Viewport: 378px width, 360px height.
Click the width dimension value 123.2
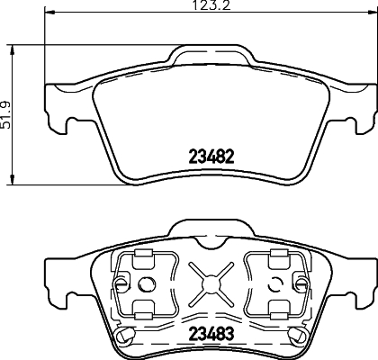[x=206, y=8]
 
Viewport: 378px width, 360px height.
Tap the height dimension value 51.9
[x=7, y=115]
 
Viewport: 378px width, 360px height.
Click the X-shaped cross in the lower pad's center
[x=212, y=282]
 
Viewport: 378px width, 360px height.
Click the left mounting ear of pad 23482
[x=52, y=106]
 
